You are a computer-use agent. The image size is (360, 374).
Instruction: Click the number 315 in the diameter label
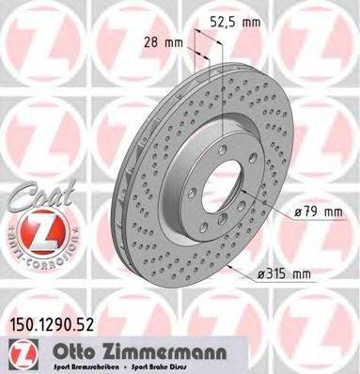281,273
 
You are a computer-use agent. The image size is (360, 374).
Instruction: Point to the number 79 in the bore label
311,213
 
